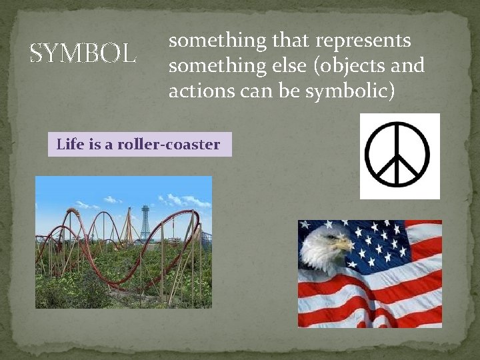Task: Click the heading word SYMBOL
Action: [83, 53]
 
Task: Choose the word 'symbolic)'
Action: [349, 91]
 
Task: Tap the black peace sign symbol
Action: [399, 156]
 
